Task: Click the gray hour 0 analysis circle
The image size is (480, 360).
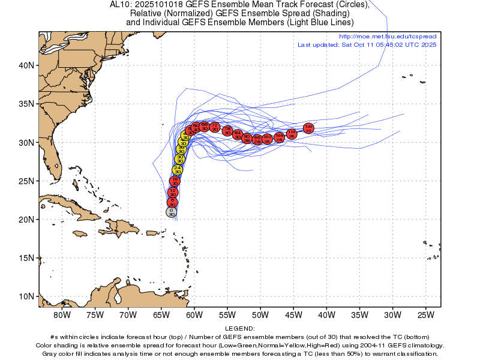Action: tap(172, 212)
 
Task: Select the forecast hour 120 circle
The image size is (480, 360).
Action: tap(308, 128)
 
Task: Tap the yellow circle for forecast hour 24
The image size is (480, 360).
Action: tap(177, 170)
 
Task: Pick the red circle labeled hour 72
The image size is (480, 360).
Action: tap(215, 126)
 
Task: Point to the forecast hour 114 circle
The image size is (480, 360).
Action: tap(292, 134)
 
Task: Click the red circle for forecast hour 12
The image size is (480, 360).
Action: tap(173, 193)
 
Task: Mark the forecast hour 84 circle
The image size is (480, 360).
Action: tap(238, 134)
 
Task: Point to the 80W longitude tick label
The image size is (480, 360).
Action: tap(62, 315)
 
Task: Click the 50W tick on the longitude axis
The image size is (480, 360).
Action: tap(260, 315)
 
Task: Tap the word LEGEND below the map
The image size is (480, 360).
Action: tap(240, 329)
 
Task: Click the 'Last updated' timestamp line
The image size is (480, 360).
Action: tap(367, 45)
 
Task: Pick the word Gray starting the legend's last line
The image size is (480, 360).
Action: tap(50, 354)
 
